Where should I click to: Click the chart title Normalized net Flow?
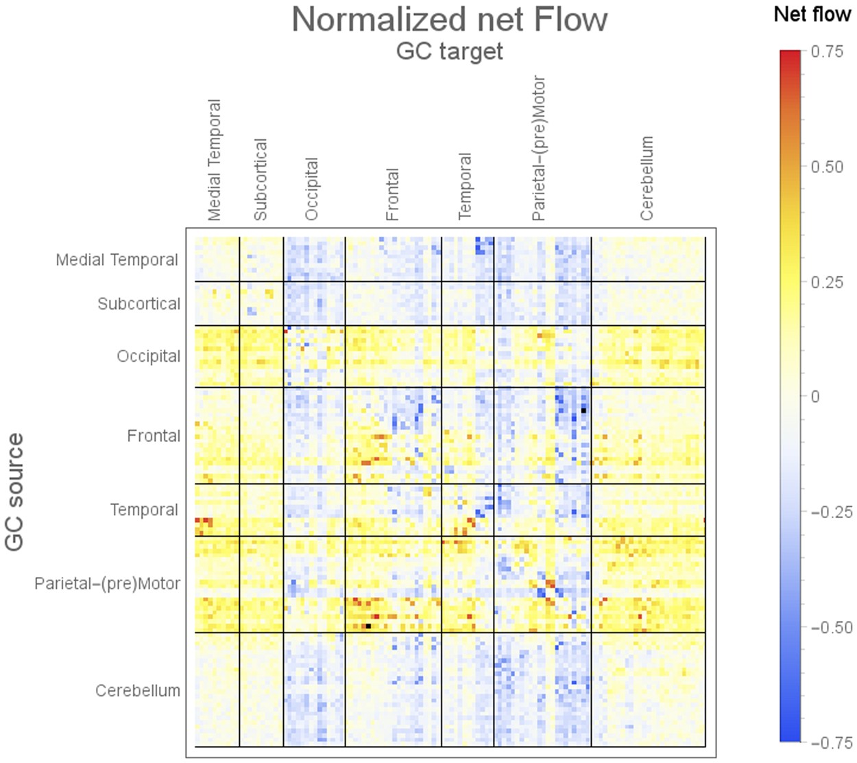tap(449, 20)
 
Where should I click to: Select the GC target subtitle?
tap(449, 51)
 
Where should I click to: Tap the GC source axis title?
tap(14, 491)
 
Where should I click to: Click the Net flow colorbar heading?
tap(812, 14)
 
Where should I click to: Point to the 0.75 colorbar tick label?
tap(826, 52)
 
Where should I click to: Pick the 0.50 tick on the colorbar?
tap(826, 167)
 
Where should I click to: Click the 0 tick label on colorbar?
tap(814, 397)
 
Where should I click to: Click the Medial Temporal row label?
tap(117, 260)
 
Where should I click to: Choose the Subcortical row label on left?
tap(138, 304)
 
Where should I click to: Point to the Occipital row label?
tap(148, 356)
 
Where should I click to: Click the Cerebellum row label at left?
tap(137, 690)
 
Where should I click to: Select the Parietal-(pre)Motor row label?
tap(107, 584)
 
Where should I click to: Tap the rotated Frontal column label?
tap(392, 195)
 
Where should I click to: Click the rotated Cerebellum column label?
tap(647, 178)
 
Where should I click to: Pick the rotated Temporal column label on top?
tap(465, 187)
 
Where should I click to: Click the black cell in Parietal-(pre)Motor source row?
tap(368, 626)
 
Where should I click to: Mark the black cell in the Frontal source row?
tap(583, 410)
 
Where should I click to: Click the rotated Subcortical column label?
tap(261, 180)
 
